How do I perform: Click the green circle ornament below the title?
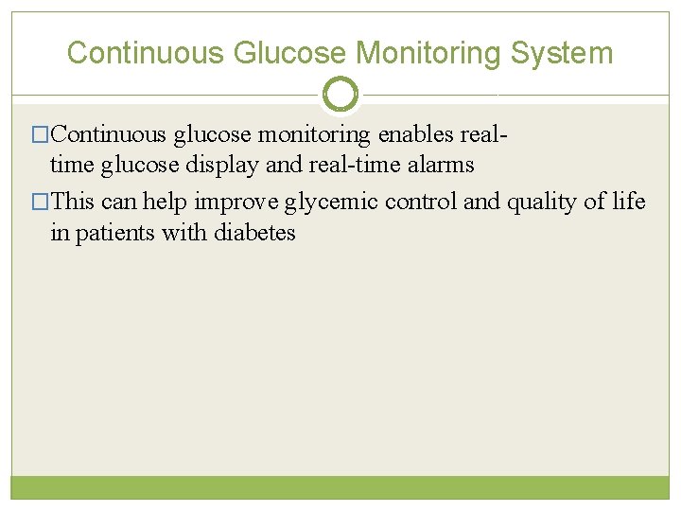pyautogui.click(x=340, y=94)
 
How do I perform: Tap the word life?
pyautogui.click(x=629, y=202)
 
